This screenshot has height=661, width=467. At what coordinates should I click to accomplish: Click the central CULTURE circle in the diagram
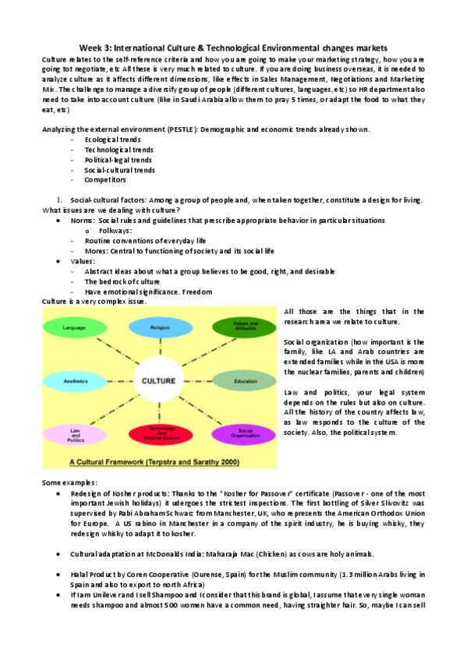[157, 381]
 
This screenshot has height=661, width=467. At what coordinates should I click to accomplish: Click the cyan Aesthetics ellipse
[74, 381]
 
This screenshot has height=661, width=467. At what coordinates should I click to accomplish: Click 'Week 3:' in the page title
[96, 49]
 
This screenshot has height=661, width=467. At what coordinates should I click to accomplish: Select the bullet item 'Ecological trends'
[108, 139]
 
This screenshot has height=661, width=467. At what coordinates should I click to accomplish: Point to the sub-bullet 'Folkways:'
[115, 231]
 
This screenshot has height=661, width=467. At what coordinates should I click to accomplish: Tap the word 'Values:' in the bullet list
[83, 261]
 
